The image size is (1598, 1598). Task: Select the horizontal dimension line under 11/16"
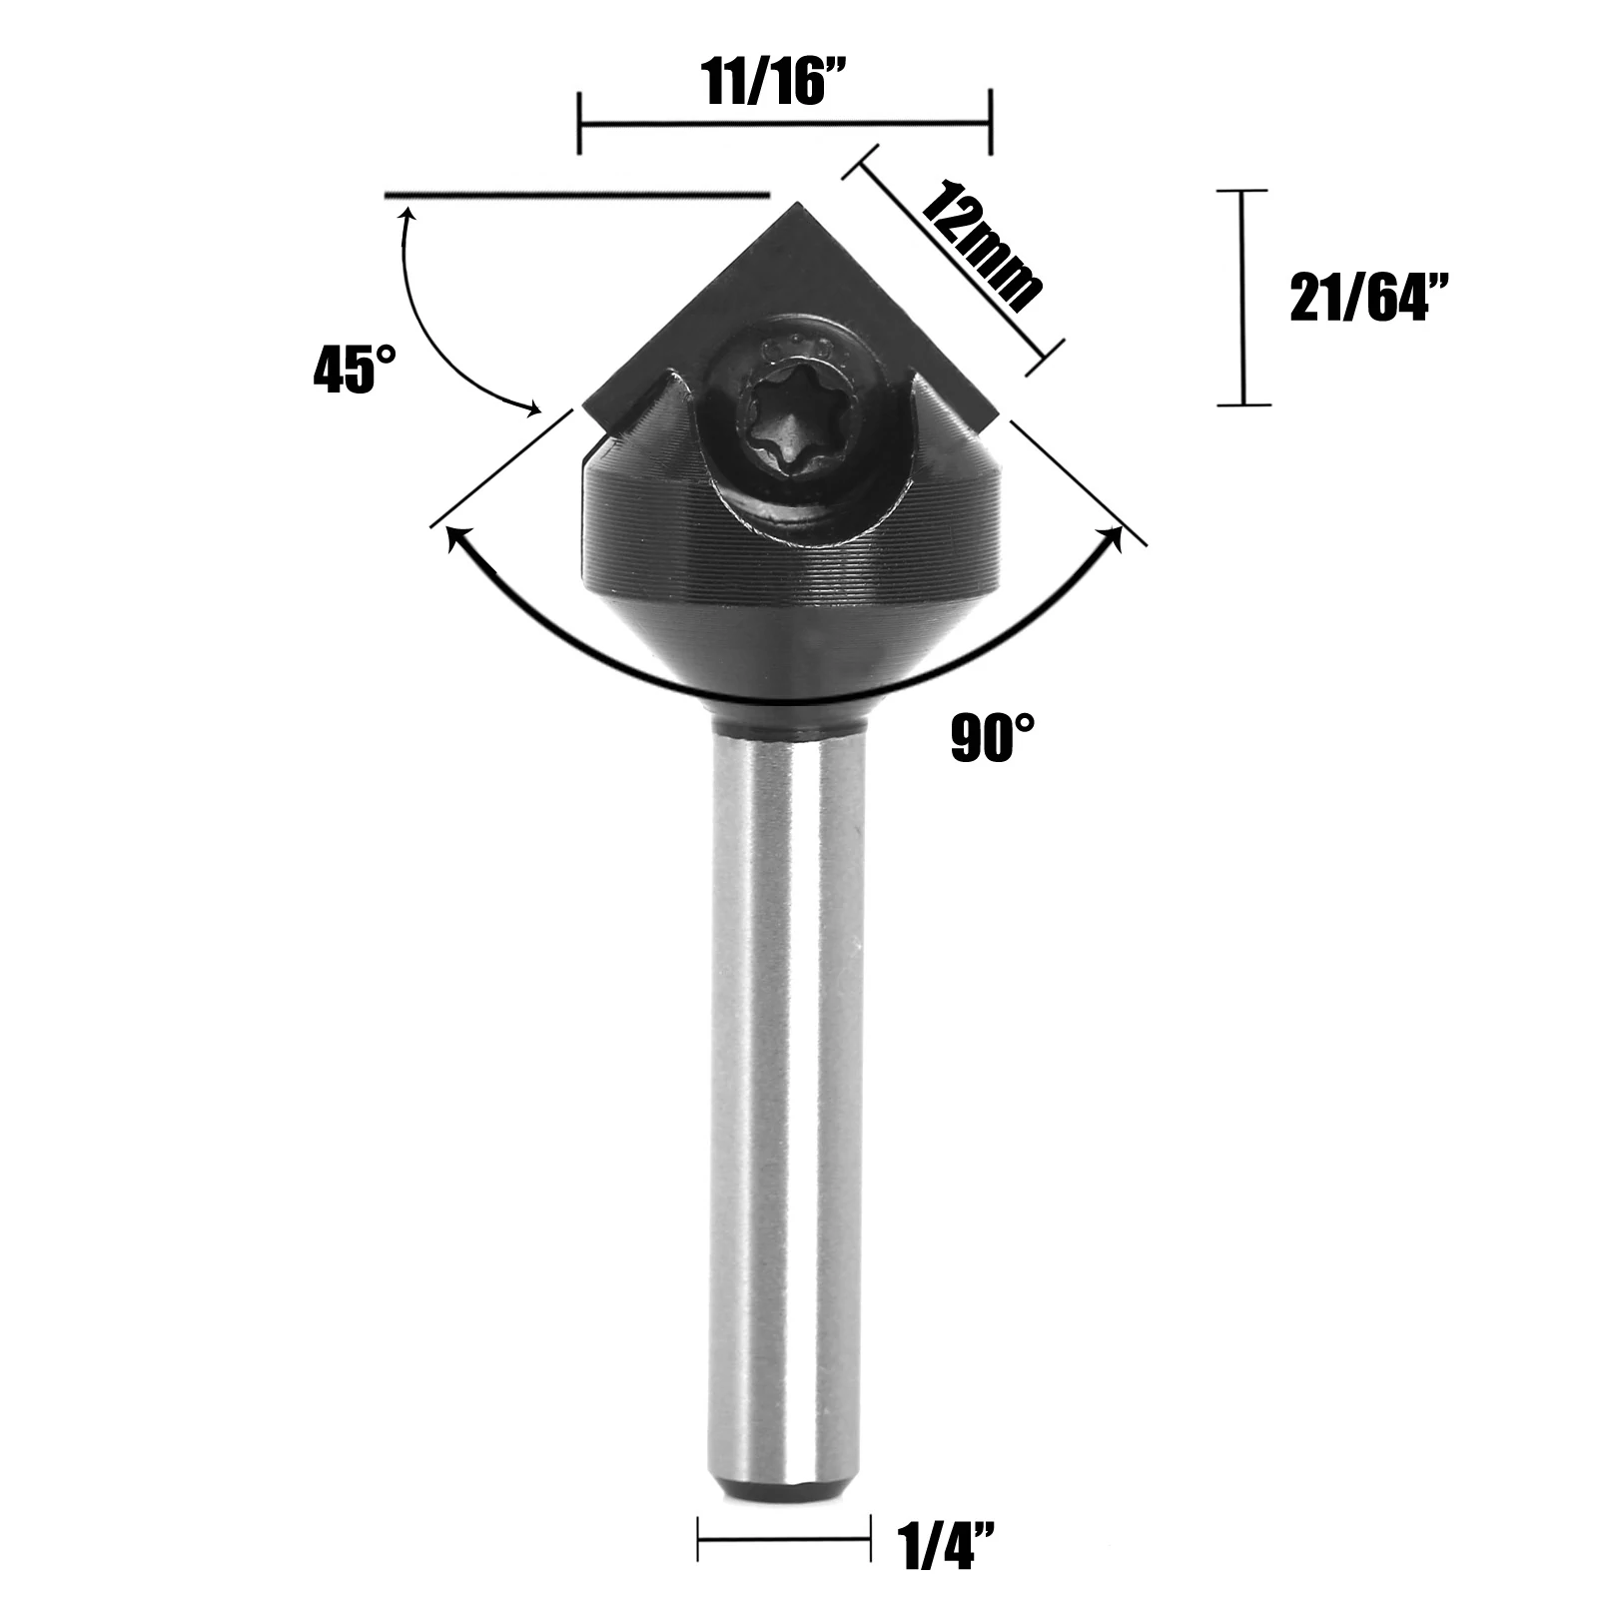(784, 124)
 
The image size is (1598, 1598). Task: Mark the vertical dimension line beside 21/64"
(1242, 297)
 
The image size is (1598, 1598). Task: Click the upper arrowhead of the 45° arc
(405, 216)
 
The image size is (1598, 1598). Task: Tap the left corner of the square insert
(585, 406)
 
